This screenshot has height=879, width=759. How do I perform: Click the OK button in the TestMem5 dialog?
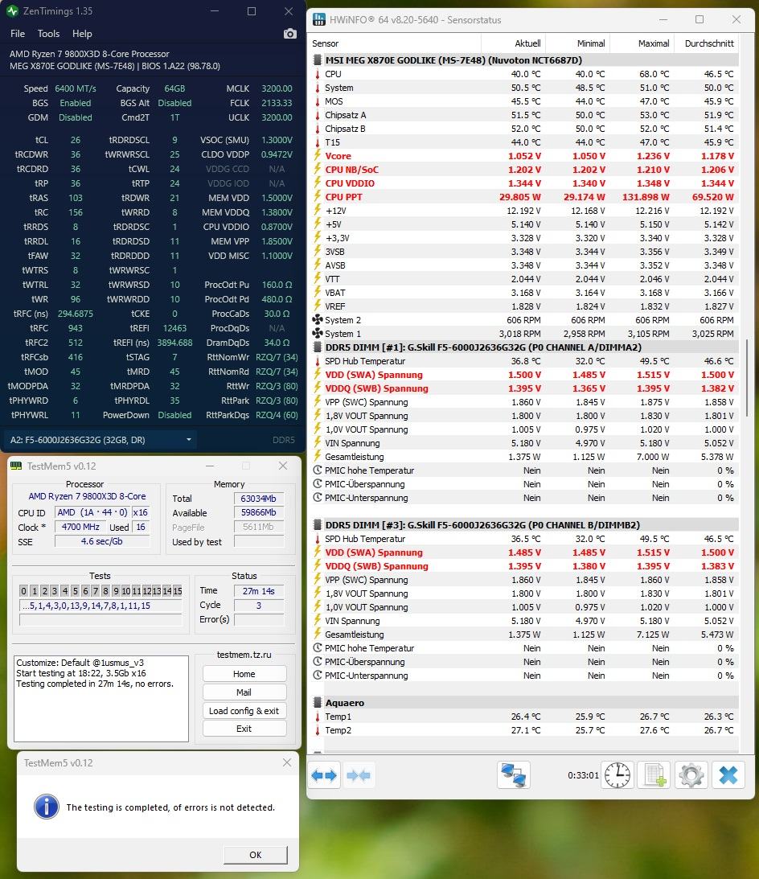[x=256, y=855]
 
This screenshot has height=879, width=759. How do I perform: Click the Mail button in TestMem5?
[x=244, y=692]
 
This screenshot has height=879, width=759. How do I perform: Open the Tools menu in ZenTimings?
[x=48, y=34]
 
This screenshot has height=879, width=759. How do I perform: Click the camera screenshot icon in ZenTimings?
[x=289, y=34]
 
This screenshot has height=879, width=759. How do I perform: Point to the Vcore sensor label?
[x=338, y=156]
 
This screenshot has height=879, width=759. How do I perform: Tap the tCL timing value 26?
[x=76, y=140]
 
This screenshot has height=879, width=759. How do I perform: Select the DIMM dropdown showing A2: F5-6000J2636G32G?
[x=101, y=440]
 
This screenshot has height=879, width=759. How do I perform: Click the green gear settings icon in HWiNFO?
[x=691, y=775]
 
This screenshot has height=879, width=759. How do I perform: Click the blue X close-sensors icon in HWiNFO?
[x=728, y=775]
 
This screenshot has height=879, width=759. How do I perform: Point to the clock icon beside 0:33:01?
[x=617, y=775]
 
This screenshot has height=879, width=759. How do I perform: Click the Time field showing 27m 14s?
[x=259, y=590]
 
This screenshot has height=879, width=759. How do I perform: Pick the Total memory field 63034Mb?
[x=258, y=499]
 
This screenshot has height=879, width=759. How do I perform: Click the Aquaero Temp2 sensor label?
[x=338, y=730]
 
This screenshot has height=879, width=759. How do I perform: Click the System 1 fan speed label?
[x=343, y=334]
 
